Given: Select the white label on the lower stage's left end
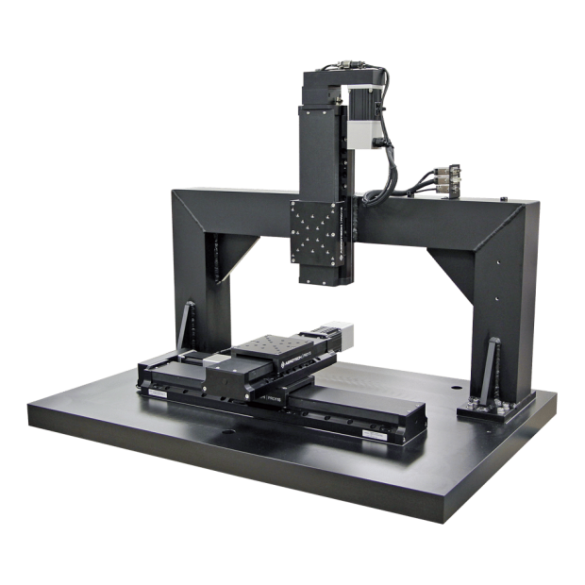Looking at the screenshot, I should tap(156, 389).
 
